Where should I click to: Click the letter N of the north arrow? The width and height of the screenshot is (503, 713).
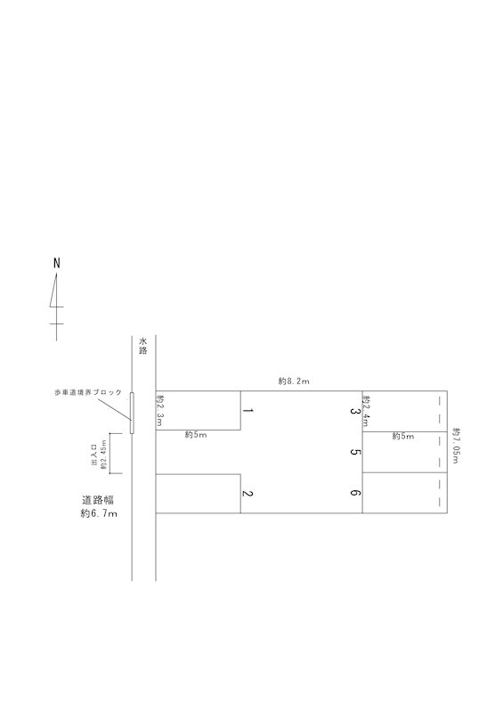[x=57, y=263]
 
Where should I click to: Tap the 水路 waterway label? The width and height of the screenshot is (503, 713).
[x=143, y=346]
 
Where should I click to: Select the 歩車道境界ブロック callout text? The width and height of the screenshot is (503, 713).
[x=88, y=392]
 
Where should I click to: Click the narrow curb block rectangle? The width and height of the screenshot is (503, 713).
[x=132, y=413]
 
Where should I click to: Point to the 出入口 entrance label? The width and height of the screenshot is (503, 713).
[x=95, y=455]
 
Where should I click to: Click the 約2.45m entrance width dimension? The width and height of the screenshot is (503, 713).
[x=103, y=455]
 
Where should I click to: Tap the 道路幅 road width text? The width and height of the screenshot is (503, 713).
[x=98, y=500]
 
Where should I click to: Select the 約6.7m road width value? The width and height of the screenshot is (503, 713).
[x=99, y=514]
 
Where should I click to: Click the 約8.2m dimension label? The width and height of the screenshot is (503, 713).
[x=294, y=381]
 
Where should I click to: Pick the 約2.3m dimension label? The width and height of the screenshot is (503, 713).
[x=159, y=411]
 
